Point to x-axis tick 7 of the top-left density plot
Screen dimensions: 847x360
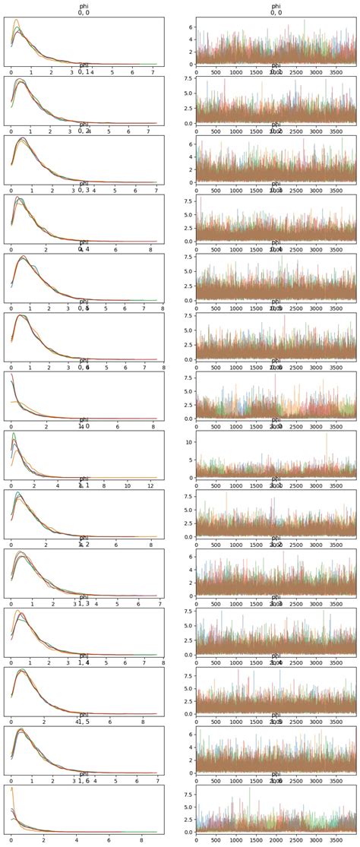[x=153, y=72]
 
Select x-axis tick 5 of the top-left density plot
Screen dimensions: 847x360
[x=112, y=72]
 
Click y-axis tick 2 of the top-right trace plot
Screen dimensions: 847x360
[x=190, y=52]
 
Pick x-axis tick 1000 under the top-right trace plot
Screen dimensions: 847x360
[x=235, y=72]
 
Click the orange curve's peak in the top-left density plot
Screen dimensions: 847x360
[x=16, y=21]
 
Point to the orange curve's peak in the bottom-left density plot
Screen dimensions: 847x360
[x=11, y=788]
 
